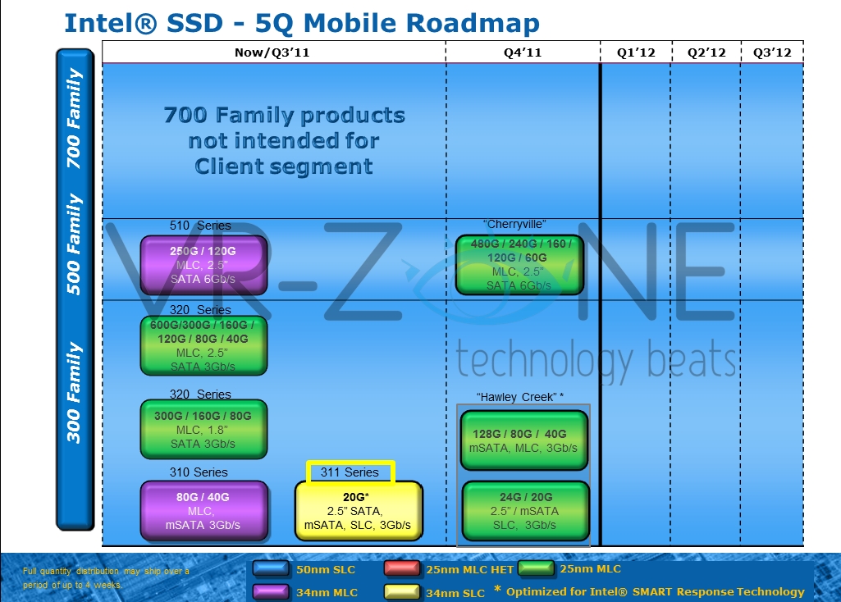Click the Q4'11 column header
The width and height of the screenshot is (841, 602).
[x=523, y=52]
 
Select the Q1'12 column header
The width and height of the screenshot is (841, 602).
[x=636, y=52]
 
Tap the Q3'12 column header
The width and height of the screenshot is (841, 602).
[x=772, y=52]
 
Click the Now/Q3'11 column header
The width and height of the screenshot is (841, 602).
[x=272, y=52]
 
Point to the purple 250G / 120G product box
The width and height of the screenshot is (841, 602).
[x=204, y=265]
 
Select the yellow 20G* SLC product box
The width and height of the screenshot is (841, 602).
[x=359, y=511]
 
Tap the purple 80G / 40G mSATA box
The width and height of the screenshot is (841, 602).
[x=204, y=511]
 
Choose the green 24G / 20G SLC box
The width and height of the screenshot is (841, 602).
[x=525, y=511]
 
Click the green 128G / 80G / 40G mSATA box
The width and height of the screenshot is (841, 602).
[x=525, y=440]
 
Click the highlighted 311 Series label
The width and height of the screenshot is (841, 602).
[x=350, y=472]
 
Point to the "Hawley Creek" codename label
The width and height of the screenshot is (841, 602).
[x=519, y=397]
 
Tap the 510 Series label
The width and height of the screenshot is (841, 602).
[x=200, y=226]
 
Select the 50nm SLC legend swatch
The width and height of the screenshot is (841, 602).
[x=270, y=568]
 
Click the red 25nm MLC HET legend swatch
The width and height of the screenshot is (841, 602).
[x=403, y=568]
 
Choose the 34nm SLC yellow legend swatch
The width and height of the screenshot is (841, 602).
[x=403, y=591]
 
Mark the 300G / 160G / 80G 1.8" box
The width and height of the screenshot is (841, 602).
[x=203, y=429]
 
